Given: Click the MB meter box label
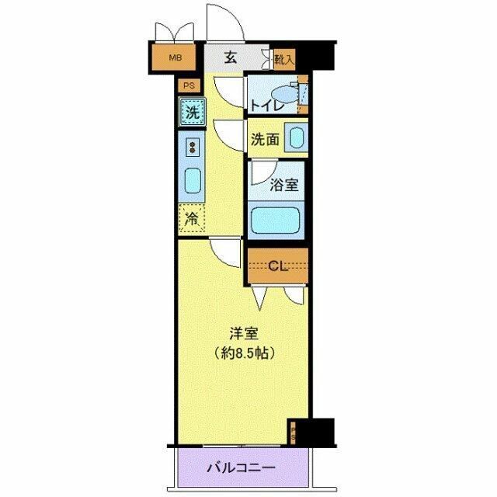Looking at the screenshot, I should tap(176, 57).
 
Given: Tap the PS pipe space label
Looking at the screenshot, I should tap(188, 86).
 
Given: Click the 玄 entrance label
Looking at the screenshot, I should tap(231, 57).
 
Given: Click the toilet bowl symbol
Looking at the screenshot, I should tap(285, 92).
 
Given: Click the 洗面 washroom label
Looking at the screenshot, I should tap(265, 141).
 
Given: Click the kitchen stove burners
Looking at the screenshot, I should tap(192, 146).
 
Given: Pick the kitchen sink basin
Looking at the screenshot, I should tap(192, 181).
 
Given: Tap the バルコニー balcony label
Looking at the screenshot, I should tap(242, 469).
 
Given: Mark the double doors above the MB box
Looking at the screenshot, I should tap(175, 33).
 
